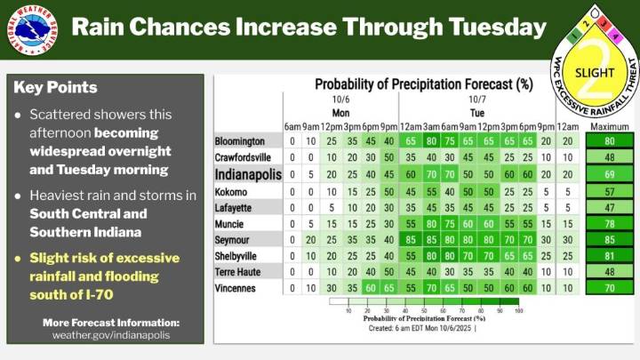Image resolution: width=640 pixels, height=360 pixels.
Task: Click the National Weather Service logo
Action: click(x=35, y=28)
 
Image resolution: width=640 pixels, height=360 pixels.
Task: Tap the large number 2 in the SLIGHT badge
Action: click(x=595, y=84)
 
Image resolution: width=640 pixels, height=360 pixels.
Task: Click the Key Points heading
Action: click(x=56, y=88)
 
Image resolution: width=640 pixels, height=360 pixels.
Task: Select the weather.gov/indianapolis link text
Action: click(x=111, y=334)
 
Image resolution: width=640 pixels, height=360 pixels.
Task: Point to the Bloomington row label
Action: click(x=240, y=141)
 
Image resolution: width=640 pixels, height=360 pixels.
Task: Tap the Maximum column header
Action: click(x=609, y=126)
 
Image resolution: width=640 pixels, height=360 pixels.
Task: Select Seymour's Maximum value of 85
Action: click(x=609, y=240)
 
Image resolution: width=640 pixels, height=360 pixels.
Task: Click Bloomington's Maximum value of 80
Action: click(x=609, y=141)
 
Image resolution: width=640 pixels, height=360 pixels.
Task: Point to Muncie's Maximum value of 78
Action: click(x=609, y=224)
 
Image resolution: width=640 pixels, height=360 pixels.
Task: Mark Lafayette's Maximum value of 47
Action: click(x=609, y=207)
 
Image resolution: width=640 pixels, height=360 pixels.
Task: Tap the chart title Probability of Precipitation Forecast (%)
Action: click(x=423, y=85)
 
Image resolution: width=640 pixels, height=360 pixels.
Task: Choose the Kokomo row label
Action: click(x=233, y=191)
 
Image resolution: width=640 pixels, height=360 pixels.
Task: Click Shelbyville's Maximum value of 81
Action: click(x=609, y=256)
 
